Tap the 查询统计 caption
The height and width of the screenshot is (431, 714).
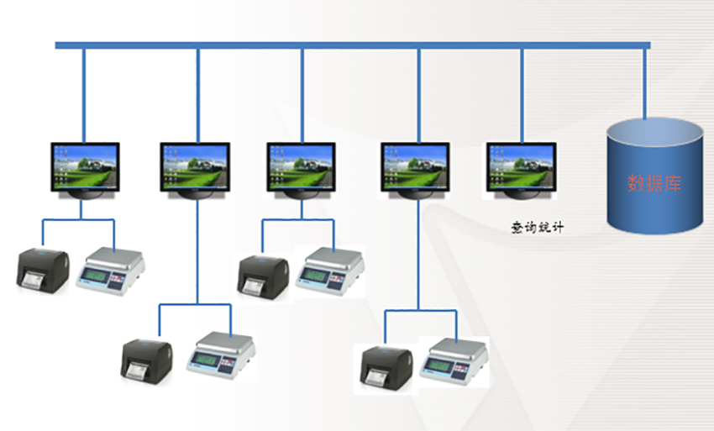pos(537,227)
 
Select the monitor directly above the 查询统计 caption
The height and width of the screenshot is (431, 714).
pos(521,166)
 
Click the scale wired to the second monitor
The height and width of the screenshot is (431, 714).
pos(219,353)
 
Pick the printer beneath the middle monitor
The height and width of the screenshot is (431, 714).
pos(262,274)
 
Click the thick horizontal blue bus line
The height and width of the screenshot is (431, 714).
pos(353,45)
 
